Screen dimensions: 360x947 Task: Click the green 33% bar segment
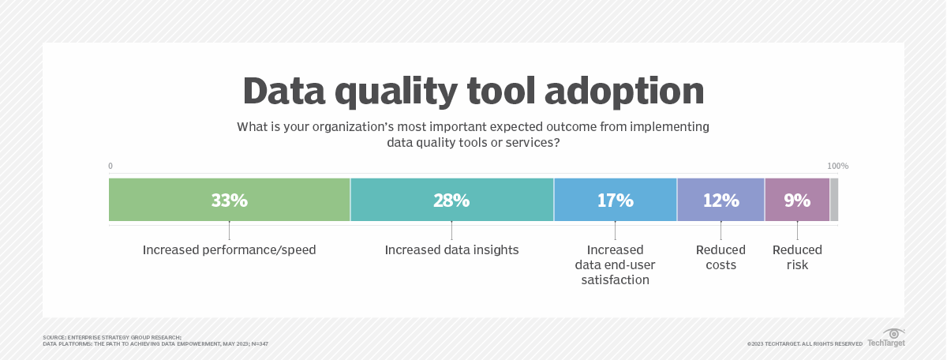(x=229, y=200)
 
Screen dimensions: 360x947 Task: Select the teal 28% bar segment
(x=451, y=200)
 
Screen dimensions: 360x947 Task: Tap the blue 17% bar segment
(x=615, y=200)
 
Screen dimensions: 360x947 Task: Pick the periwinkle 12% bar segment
(x=721, y=200)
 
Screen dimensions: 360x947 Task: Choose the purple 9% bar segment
(x=797, y=200)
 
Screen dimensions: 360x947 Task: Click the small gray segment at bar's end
(x=834, y=200)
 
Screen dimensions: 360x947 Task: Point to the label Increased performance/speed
(x=229, y=250)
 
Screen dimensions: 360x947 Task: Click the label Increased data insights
(x=451, y=250)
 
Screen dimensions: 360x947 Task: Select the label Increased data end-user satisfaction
(x=615, y=264)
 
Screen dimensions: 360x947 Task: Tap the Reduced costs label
(x=721, y=257)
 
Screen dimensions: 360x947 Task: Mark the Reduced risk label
(x=797, y=257)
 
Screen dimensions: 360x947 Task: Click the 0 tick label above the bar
(x=110, y=167)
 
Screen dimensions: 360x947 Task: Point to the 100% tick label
(x=837, y=167)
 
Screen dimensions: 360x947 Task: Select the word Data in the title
(x=285, y=92)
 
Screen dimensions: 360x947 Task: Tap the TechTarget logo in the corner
(x=886, y=338)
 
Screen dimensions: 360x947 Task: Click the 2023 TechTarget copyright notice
(x=804, y=343)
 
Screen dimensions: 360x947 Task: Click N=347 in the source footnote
(x=260, y=344)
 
